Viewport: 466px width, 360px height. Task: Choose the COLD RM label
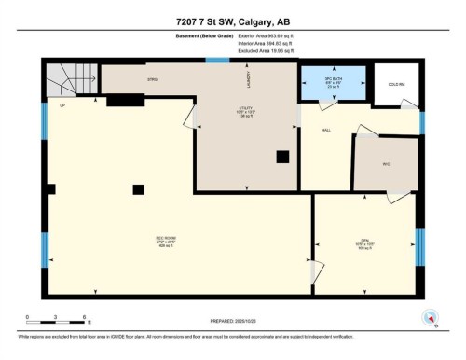[395, 83]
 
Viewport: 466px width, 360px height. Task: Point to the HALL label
[328, 131]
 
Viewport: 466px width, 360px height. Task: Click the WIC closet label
[385, 163]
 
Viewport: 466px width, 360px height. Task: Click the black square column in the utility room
[282, 157]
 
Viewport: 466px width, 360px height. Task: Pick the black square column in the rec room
[138, 189]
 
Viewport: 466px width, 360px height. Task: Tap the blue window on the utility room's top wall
[218, 61]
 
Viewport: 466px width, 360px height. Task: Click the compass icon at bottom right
[430, 316]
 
